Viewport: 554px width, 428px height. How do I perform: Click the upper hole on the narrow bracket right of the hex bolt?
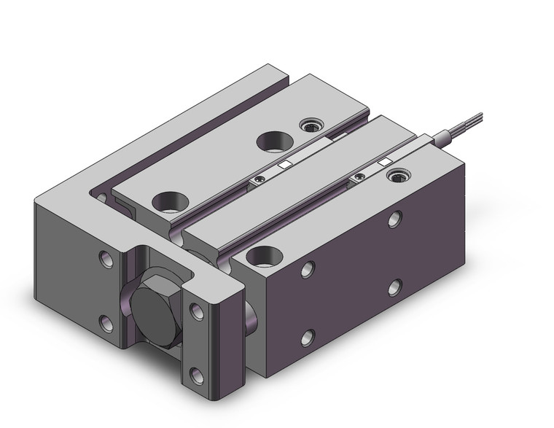pyautogui.click(x=196, y=311)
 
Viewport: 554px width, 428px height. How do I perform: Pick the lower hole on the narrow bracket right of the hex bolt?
pyautogui.click(x=196, y=377)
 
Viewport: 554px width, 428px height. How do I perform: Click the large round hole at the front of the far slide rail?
pyautogui.click(x=168, y=199)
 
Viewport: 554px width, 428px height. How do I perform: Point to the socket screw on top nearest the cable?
pyautogui.click(x=397, y=176)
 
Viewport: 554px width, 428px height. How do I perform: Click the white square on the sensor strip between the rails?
pyautogui.click(x=286, y=165)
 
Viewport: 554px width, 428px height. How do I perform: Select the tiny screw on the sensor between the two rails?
pyautogui.click(x=257, y=177)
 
